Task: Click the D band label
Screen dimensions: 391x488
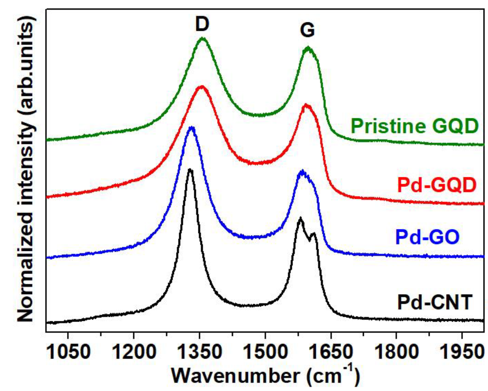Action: [202, 24]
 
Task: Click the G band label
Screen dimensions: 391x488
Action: [307, 30]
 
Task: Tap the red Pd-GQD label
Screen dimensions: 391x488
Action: [437, 185]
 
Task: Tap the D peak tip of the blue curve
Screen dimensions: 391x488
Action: [192, 127]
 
